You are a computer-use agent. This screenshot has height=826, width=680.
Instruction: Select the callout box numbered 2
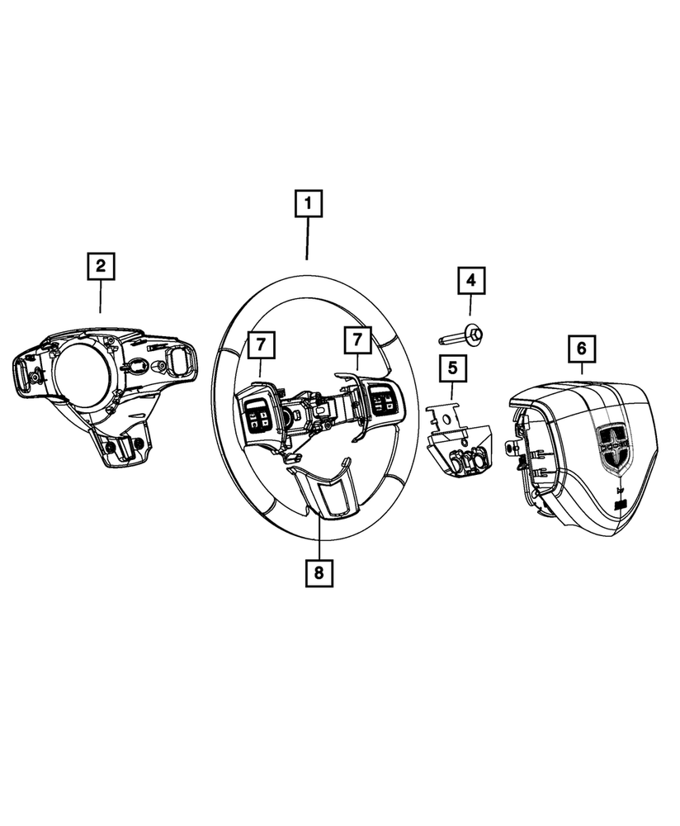(x=101, y=267)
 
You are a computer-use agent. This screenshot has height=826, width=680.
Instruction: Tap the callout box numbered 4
(x=471, y=281)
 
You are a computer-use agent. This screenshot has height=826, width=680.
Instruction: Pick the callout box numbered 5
(x=452, y=367)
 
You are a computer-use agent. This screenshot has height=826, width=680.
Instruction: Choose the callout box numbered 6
(x=581, y=349)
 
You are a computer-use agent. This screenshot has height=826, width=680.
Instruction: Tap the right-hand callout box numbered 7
(x=358, y=340)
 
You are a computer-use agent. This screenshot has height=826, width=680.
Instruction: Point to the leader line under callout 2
(x=101, y=297)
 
